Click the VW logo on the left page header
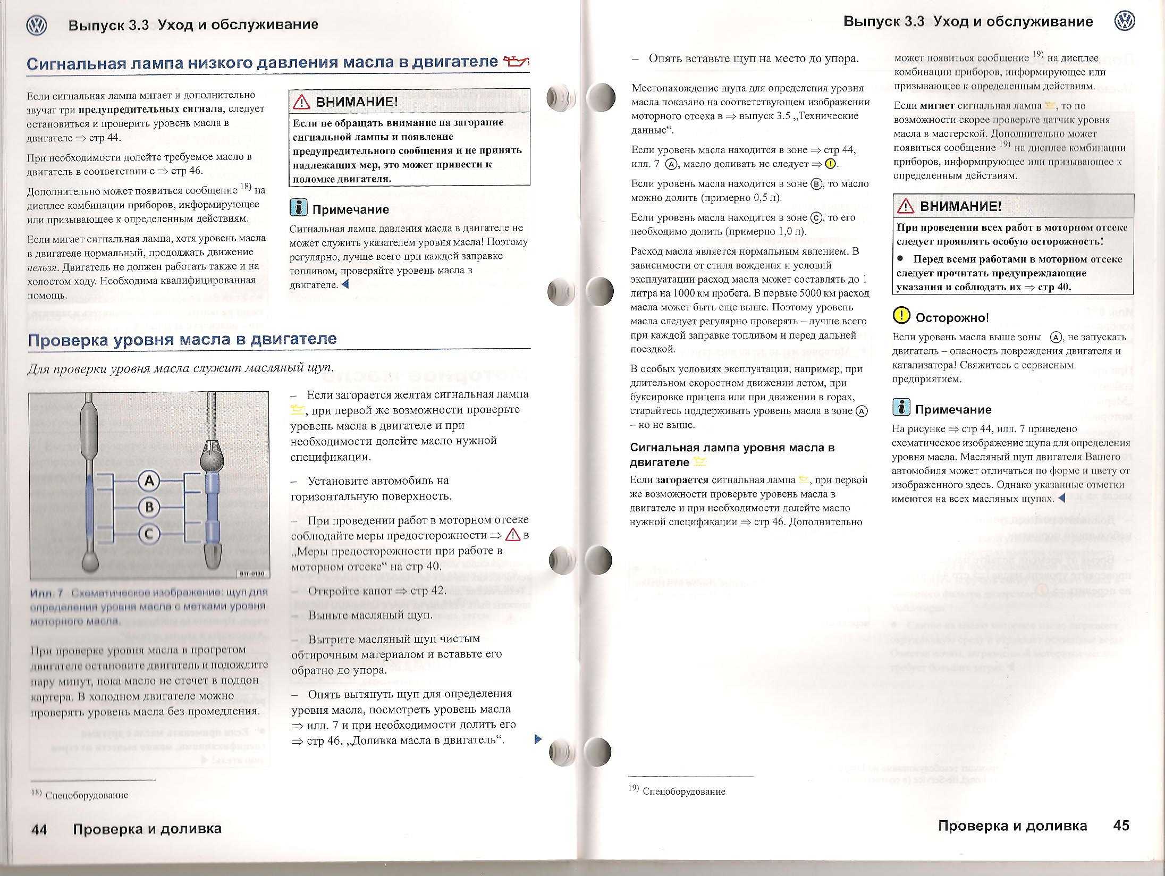(36, 25)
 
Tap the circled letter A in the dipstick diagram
(149, 481)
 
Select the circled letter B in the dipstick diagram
(149, 507)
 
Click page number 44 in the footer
(39, 829)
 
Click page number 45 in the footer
(1121, 826)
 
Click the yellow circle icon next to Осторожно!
(901, 316)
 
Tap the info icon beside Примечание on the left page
(299, 208)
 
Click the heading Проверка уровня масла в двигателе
(182, 339)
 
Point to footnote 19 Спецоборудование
(677, 791)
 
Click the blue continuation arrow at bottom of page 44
(537, 739)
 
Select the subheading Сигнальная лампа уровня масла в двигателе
(732, 454)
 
